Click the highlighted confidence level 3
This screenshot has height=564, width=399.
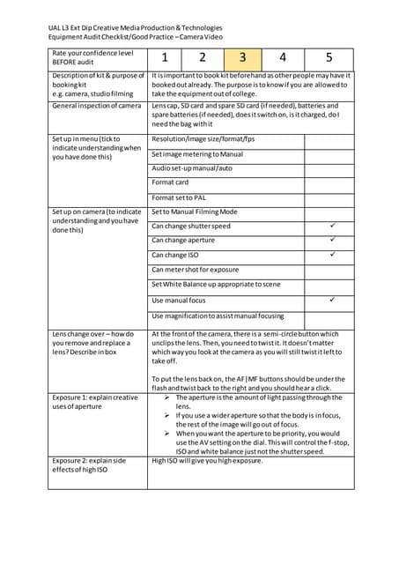tap(242, 58)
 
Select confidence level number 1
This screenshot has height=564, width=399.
tap(164, 58)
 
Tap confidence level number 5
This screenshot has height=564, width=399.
tap(329, 58)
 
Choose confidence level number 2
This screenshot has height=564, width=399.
tap(202, 58)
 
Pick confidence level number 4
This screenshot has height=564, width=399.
tap(283, 58)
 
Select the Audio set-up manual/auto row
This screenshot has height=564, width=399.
tap(192, 167)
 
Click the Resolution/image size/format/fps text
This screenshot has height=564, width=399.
tap(203, 139)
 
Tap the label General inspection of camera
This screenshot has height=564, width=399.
tap(96, 106)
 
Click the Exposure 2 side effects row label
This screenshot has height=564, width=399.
tap(89, 465)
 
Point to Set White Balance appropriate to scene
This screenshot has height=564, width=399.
tap(215, 284)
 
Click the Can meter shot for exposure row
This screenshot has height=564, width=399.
tap(195, 270)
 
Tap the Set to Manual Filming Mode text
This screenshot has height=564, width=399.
tap(194, 212)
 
